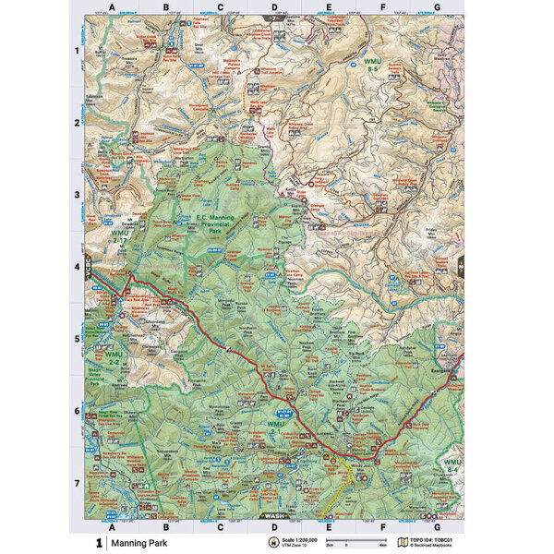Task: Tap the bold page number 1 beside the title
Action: [98, 543]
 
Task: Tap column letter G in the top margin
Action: [437, 7]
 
